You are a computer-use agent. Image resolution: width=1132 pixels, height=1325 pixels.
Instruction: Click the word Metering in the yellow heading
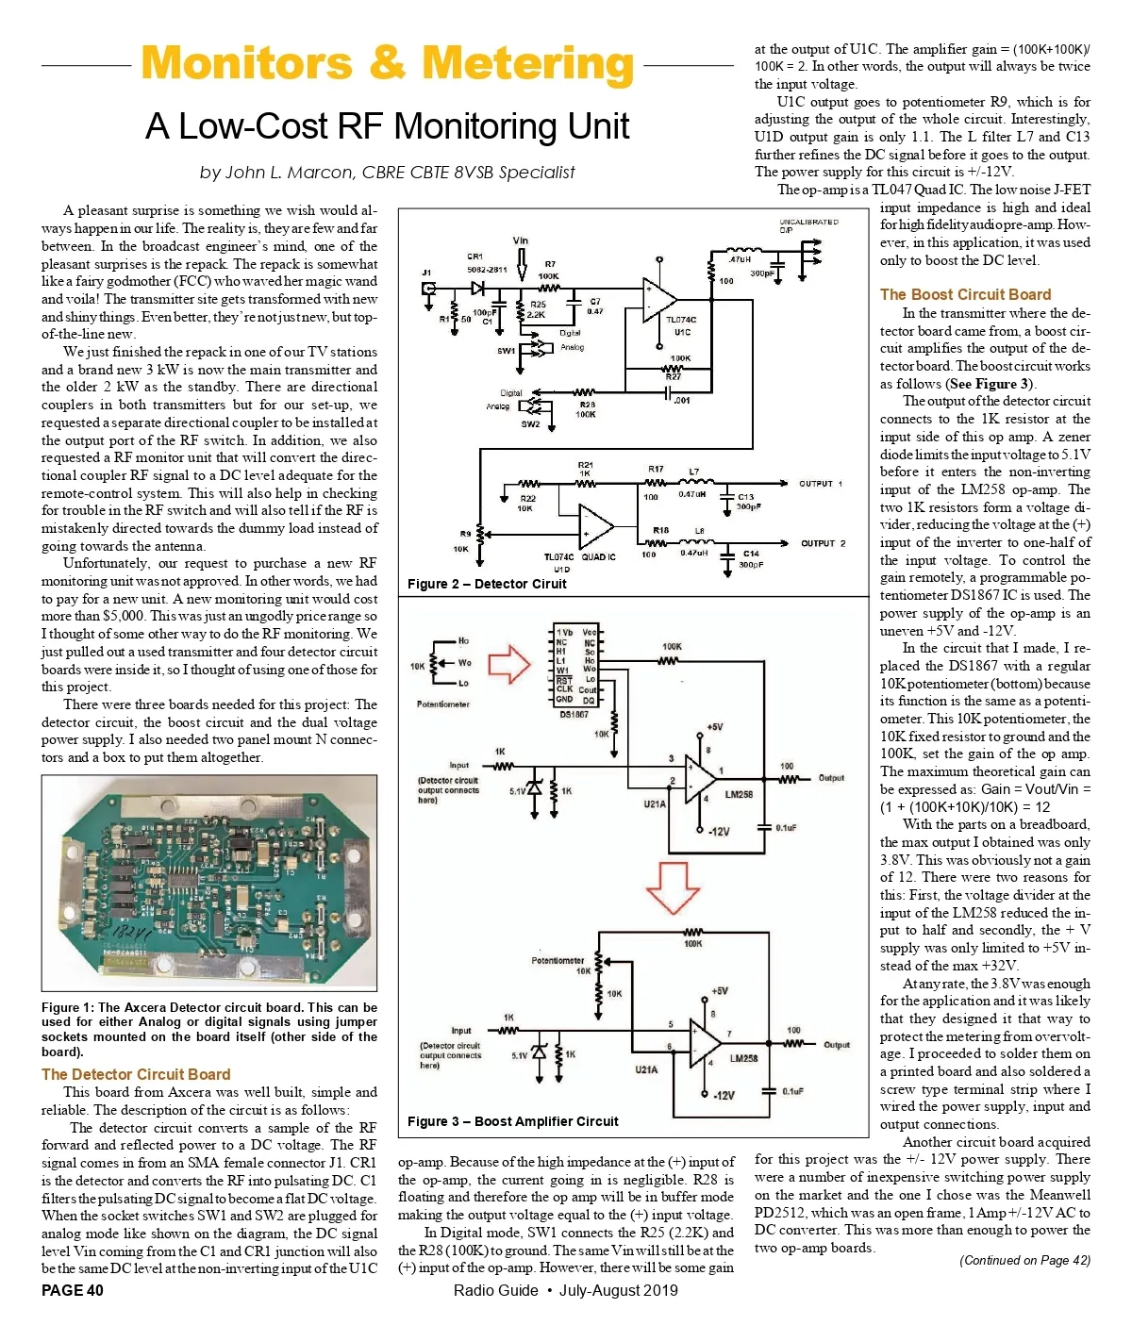[527, 64]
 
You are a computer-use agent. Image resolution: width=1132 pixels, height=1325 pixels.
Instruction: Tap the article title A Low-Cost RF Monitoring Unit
[387, 126]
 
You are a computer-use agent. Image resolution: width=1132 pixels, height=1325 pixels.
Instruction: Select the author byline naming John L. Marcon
[387, 173]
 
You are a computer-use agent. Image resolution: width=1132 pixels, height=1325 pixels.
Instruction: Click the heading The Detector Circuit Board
[136, 1074]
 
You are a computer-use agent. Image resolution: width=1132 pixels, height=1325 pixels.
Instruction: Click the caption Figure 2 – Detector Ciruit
[487, 584]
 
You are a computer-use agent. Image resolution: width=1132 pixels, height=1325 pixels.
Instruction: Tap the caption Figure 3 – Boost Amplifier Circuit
[512, 1121]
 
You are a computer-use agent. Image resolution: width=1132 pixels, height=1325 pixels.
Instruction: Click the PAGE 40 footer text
[73, 1290]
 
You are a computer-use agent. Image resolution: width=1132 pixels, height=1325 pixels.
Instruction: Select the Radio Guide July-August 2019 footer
[565, 1290]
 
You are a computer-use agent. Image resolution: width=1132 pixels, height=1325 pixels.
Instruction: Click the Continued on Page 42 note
[1024, 1260]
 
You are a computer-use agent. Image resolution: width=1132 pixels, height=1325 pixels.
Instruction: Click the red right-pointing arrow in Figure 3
[509, 663]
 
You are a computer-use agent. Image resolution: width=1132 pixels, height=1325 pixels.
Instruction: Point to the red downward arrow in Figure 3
[672, 886]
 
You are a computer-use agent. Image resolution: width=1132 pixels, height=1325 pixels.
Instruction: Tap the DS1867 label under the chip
[574, 714]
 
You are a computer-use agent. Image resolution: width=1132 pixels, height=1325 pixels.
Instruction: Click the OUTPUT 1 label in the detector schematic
[821, 484]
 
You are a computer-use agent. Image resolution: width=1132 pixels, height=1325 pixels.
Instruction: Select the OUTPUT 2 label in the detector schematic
[823, 543]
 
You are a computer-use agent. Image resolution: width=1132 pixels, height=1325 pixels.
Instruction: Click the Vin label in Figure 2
[521, 240]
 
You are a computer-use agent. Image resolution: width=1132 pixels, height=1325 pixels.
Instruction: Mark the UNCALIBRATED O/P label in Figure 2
[808, 225]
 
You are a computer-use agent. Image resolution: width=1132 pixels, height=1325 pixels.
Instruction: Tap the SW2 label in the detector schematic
[530, 424]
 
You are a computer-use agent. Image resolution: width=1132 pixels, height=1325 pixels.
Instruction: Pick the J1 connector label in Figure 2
[426, 273]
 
